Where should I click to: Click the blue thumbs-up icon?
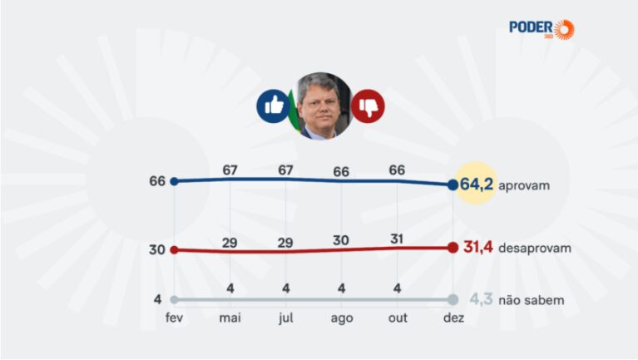point(274,106)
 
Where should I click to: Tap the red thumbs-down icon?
point(368,106)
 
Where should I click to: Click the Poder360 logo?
point(542,29)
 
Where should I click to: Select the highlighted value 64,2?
point(476,185)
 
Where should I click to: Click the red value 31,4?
point(478,247)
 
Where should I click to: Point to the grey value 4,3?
point(482,299)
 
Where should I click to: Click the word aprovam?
point(524,186)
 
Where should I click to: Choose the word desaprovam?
point(535,248)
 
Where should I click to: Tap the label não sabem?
point(532,300)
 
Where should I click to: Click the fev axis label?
point(174,318)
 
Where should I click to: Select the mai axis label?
point(230,318)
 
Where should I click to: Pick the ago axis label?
point(342,318)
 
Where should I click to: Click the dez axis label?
point(453,318)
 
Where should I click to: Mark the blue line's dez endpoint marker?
point(453,185)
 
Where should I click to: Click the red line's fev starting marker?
point(174,249)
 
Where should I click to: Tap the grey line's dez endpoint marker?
point(453,300)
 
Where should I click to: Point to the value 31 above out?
point(397,239)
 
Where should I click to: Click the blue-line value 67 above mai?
point(230,170)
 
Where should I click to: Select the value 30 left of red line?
point(157,249)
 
